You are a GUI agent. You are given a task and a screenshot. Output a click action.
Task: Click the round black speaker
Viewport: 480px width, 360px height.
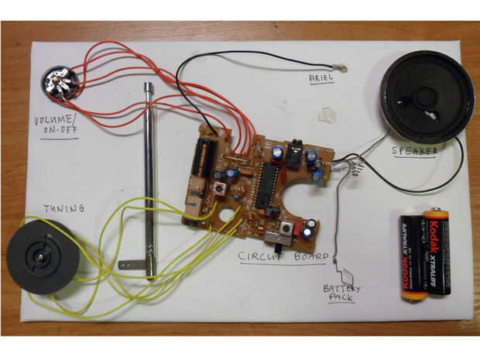424,96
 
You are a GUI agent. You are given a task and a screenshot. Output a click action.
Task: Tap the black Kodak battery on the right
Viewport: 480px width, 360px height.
436,252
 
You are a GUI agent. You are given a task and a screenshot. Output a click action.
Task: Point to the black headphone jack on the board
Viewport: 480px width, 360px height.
293,153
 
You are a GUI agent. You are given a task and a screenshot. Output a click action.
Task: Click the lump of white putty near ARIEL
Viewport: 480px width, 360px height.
330,115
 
